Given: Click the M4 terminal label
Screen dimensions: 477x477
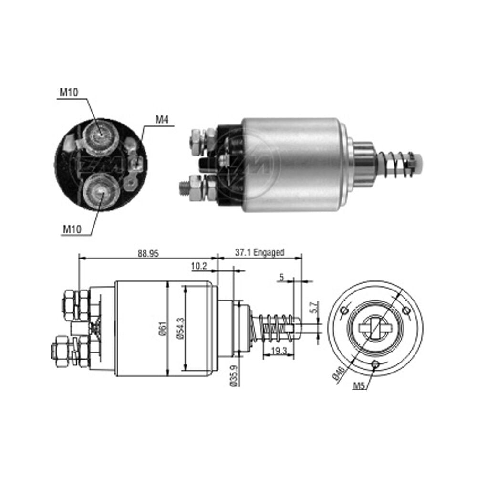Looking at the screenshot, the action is (162, 120).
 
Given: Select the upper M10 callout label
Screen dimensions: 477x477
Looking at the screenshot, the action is (69, 92).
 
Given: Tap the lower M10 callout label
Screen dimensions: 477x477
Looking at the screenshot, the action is (72, 229).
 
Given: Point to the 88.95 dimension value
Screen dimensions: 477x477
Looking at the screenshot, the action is (148, 253).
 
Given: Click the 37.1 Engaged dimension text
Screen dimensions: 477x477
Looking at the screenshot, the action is (259, 252).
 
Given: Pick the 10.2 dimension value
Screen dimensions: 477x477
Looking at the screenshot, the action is (199, 266).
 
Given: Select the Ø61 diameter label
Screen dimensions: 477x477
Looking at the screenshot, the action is (163, 329).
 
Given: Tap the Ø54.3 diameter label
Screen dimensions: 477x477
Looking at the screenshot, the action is (180, 329).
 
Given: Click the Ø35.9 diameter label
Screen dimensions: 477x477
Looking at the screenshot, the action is (234, 375).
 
